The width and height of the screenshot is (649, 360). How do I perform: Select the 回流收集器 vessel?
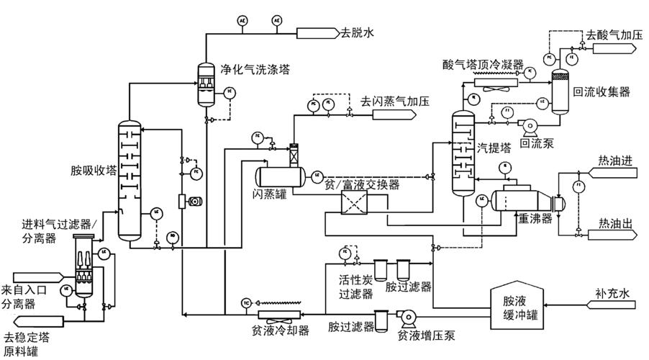(558, 92)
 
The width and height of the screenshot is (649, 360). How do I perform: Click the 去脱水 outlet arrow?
(317, 32)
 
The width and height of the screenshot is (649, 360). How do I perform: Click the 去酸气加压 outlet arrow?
(612, 48)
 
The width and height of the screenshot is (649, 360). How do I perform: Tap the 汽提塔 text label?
(494, 148)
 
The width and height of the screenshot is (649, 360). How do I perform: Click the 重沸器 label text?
(535, 217)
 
